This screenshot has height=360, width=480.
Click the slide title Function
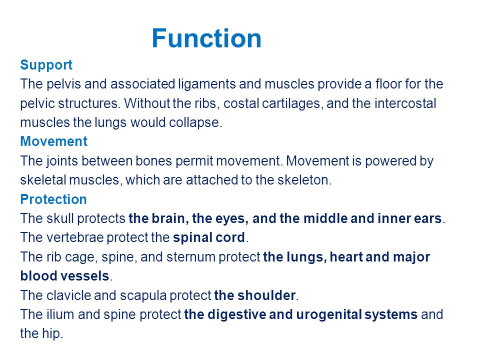pos(206,38)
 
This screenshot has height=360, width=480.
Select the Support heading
pos(46,65)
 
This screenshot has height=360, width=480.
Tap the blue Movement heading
pos(54,141)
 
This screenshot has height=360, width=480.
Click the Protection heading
pos(53,199)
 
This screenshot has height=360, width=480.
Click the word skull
pos(60,218)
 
